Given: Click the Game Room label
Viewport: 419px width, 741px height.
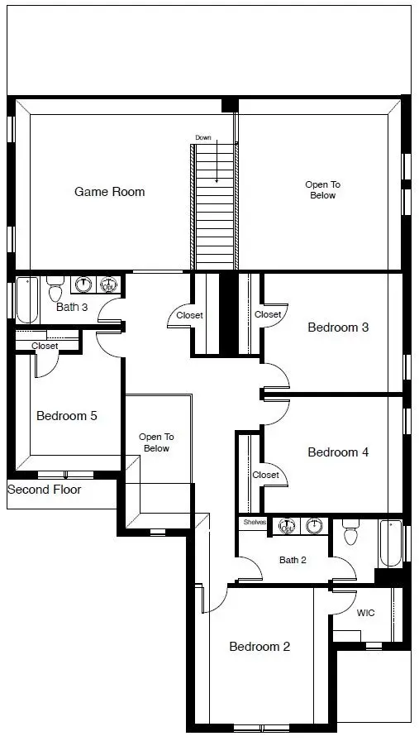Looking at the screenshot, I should click(x=109, y=192).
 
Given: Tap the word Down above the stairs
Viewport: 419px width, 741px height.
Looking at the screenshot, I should click(x=203, y=137).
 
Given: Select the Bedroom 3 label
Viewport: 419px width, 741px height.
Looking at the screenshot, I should click(x=337, y=327).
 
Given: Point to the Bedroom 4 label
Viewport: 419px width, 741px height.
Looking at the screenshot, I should click(x=337, y=452).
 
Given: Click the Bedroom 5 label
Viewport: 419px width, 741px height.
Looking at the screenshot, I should click(x=66, y=416).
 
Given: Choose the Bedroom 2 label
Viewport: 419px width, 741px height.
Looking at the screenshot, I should click(x=259, y=647).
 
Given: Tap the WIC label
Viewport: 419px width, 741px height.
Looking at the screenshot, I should click(x=365, y=614).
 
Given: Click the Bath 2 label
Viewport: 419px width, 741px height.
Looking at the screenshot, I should click(x=293, y=560).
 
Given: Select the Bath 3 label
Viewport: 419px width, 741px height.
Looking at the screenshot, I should click(x=72, y=308).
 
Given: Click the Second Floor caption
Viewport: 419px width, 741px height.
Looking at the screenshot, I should click(x=45, y=490).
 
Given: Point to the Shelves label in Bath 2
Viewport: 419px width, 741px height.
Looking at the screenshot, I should click(x=253, y=522).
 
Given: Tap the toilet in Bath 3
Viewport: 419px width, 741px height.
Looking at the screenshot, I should click(x=55, y=289).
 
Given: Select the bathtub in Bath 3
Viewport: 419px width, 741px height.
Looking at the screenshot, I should click(x=26, y=300).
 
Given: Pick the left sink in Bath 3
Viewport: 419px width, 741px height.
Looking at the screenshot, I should click(x=83, y=284).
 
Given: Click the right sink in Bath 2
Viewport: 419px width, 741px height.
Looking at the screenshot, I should click(x=313, y=525).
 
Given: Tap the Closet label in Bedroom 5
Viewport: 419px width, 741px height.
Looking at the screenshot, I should click(x=45, y=347).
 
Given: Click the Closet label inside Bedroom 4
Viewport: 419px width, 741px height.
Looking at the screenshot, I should click(x=265, y=475).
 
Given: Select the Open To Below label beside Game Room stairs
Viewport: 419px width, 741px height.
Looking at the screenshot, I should click(x=323, y=190).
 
